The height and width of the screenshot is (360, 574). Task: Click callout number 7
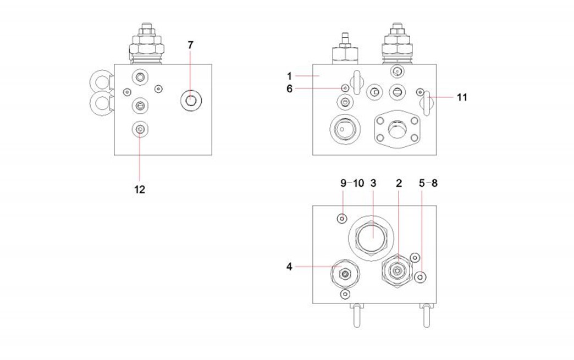click(190, 46)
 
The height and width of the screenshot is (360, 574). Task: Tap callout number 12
click(140, 189)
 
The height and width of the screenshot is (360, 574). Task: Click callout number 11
click(462, 97)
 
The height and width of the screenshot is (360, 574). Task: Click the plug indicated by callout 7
click(190, 100)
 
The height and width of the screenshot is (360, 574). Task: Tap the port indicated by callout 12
click(140, 129)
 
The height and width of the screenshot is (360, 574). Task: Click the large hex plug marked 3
click(372, 238)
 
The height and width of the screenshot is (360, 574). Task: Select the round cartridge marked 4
click(345, 273)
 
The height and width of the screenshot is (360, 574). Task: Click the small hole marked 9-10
click(342, 218)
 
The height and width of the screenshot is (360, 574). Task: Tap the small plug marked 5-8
click(421, 276)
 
